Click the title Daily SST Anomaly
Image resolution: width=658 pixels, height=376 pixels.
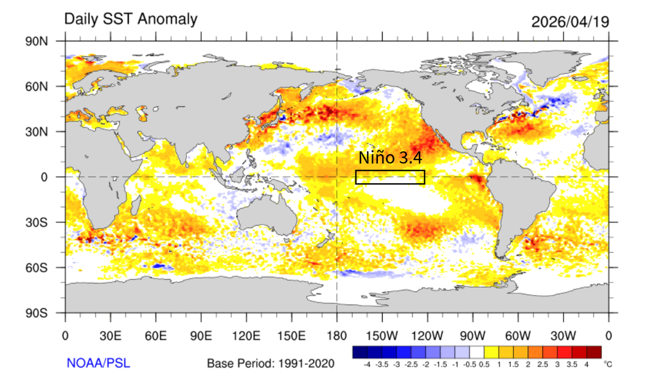coord(130,19)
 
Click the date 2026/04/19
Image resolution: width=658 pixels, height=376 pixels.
coord(570,21)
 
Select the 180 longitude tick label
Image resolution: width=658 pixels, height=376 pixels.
coord(337,335)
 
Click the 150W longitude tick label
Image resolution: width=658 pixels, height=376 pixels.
coord(382,335)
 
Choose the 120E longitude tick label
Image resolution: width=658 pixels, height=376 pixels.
coord(246,335)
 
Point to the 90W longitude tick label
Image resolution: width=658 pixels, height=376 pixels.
coord(472,335)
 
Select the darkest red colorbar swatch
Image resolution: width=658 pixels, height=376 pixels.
coord(594,352)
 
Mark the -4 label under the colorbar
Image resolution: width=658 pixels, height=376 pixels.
coord(367,364)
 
